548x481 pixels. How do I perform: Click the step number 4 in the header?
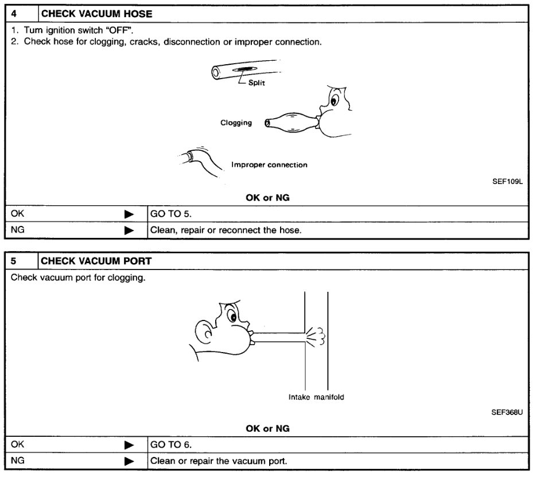[15, 13]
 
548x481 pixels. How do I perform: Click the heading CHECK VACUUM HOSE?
[97, 13]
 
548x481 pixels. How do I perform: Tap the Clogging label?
[236, 123]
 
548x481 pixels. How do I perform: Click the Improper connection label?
[269, 165]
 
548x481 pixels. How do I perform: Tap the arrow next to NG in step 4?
[129, 231]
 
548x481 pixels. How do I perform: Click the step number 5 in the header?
[15, 261]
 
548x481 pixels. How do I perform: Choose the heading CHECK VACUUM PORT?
[96, 261]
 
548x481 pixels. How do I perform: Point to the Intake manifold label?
[316, 397]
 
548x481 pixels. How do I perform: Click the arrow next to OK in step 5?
[129, 444]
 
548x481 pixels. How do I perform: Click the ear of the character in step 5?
[204, 333]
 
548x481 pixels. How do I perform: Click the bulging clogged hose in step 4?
[292, 122]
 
